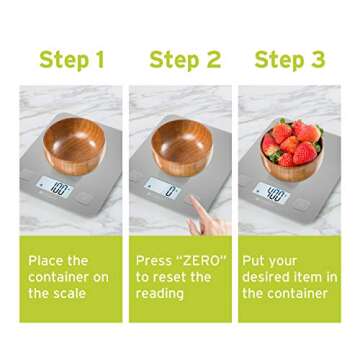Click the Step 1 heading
[72, 60]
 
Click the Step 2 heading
[185, 60]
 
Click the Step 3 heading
[290, 60]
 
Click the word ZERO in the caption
[202, 260]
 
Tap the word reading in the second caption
[160, 294]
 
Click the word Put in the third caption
[254, 260]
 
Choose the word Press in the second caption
[154, 260]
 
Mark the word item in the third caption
[316, 277]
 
